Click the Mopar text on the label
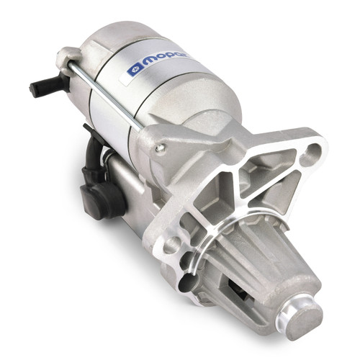click(167, 60)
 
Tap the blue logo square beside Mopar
click(135, 71)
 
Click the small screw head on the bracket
click(160, 148)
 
